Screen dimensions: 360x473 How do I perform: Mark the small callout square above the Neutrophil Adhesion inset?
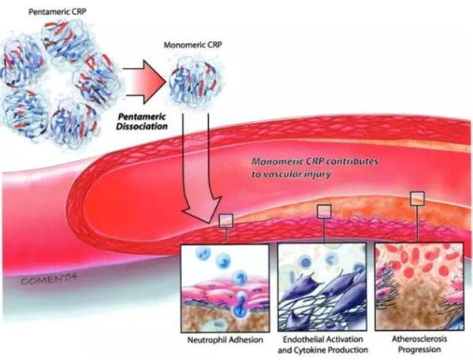[x=226, y=221]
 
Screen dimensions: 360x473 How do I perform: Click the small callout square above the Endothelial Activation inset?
[x=324, y=211]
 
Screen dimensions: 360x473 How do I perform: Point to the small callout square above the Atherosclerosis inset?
[x=416, y=197]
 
